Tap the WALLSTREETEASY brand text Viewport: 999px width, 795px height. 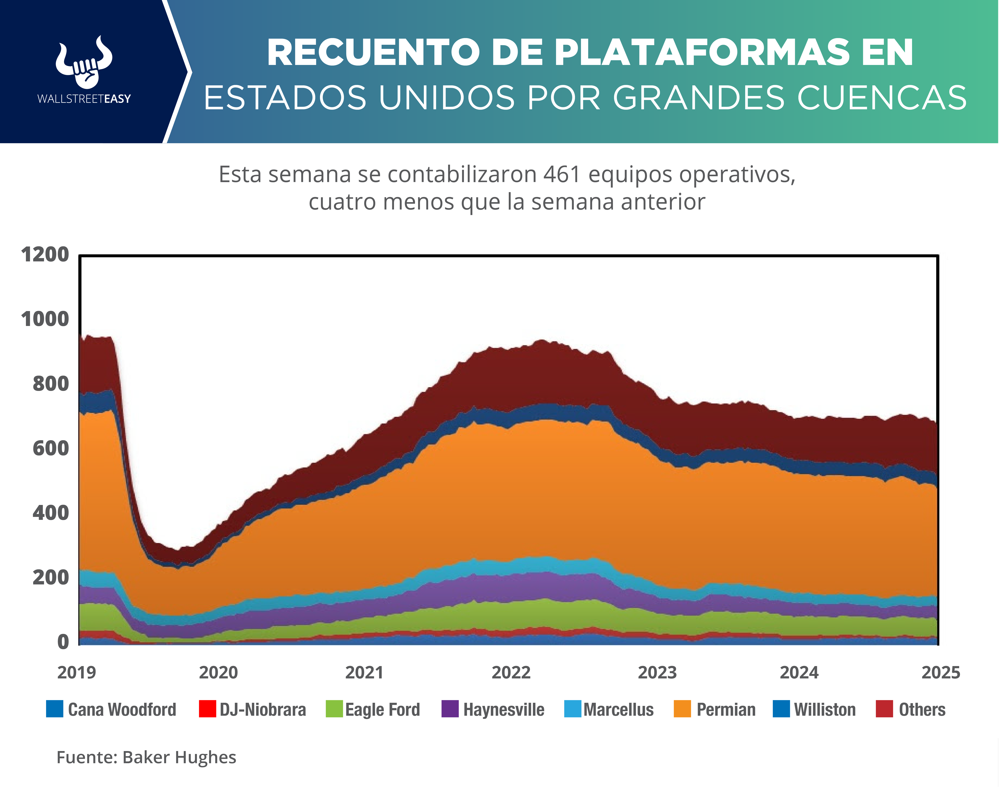coord(84,99)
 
